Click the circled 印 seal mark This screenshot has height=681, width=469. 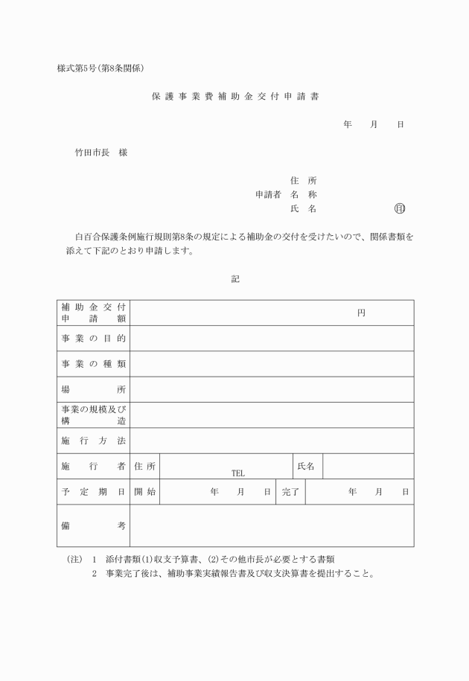[x=400, y=209]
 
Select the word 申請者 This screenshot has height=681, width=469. [x=267, y=194]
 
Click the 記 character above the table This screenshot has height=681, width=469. [x=234, y=279]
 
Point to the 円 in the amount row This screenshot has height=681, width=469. [x=361, y=313]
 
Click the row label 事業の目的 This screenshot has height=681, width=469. [x=93, y=339]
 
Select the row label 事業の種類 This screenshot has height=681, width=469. [x=93, y=364]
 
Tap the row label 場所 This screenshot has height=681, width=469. [x=93, y=389]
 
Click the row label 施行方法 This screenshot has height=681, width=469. [x=93, y=441]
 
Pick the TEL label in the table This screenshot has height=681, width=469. [x=237, y=473]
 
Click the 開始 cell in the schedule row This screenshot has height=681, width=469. [x=144, y=492]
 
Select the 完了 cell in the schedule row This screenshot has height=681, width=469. [x=290, y=492]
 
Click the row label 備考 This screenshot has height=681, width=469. [x=93, y=525]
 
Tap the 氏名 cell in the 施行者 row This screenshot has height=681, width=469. [x=306, y=466]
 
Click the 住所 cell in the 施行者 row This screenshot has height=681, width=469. [x=144, y=466]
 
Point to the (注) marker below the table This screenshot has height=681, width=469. [x=69, y=559]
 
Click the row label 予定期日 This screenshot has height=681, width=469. [x=93, y=492]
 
